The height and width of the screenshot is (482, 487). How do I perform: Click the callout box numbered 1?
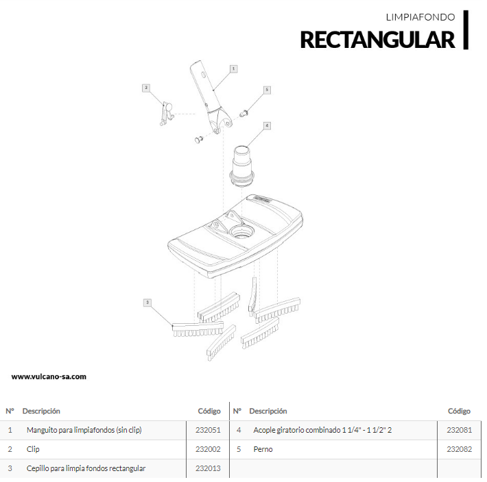click(x=234, y=69)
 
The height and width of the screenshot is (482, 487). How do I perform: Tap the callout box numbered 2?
click(x=146, y=88)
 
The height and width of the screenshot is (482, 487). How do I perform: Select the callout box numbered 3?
click(x=147, y=303)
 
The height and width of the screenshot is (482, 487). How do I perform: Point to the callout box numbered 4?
click(x=267, y=126)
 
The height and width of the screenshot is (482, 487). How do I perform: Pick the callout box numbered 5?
click(x=267, y=90)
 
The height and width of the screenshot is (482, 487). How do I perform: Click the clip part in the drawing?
click(x=166, y=114)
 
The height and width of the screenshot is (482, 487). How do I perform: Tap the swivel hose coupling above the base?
click(x=242, y=166)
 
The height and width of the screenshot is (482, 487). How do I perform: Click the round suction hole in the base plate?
click(x=241, y=231)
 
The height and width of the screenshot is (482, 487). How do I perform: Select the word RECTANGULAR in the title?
click(x=377, y=40)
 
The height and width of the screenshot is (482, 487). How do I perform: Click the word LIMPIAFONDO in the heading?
click(x=420, y=17)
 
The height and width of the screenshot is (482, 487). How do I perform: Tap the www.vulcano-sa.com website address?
click(x=49, y=377)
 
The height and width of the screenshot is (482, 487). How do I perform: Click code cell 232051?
click(x=208, y=430)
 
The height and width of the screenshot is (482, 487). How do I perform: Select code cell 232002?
click(x=208, y=449)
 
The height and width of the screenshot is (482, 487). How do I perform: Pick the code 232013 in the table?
click(x=208, y=468)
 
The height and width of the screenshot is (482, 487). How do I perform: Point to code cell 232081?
click(x=460, y=430)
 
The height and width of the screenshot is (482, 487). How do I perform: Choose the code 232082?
click(x=460, y=449)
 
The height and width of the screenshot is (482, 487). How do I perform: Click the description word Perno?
click(x=263, y=449)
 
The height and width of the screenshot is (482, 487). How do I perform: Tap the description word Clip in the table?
click(x=33, y=449)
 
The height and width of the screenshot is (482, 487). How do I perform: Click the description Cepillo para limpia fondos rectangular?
click(x=86, y=468)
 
